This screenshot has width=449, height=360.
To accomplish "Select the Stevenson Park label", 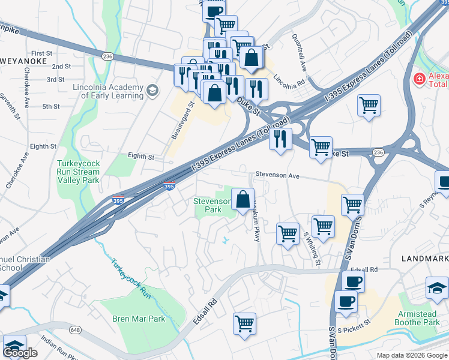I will click(x=212, y=206).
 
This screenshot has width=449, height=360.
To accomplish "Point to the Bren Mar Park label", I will click(x=139, y=319).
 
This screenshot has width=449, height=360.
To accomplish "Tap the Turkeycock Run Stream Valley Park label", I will click(x=78, y=172).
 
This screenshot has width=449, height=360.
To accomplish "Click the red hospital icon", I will click(x=419, y=79).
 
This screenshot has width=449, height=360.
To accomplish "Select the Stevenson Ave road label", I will click(x=277, y=176).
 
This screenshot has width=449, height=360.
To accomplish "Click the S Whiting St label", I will click(x=313, y=249).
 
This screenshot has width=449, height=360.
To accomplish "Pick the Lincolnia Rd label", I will click(x=290, y=79).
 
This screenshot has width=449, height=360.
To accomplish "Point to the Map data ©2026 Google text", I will click(x=411, y=355).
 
